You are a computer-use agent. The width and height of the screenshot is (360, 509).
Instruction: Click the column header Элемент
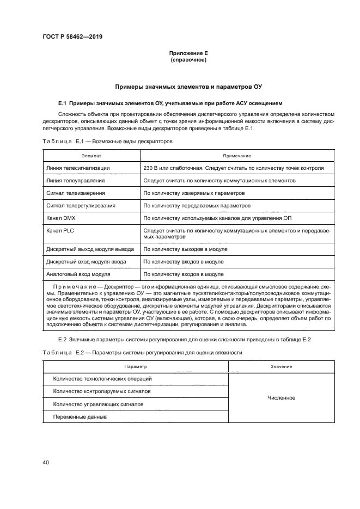pyautogui.click(x=91, y=156)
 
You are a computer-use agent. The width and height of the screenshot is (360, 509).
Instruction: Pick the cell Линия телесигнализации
pyautogui.click(x=78, y=168)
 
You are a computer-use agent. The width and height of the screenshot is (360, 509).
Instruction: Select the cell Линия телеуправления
pyautogui.click(x=76, y=180)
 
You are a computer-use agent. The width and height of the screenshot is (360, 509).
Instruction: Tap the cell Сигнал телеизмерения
pyautogui.click(x=76, y=193)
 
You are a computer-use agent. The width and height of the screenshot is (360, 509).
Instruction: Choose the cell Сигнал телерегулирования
pyautogui.click(x=80, y=206)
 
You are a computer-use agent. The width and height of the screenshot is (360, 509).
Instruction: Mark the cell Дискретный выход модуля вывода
pyautogui.click(x=89, y=249)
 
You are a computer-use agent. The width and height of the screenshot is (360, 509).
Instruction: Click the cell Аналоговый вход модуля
pyautogui.click(x=78, y=274)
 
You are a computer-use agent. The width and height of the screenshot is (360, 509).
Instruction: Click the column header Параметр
pyautogui.click(x=135, y=367)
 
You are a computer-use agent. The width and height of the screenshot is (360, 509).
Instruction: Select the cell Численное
pyautogui.click(x=282, y=398)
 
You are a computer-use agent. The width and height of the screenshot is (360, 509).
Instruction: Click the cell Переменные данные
pyautogui.click(x=80, y=417)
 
